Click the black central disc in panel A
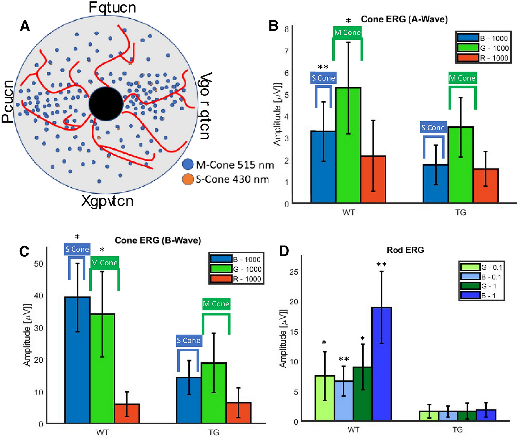point(106,104)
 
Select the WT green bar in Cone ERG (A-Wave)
point(348,147)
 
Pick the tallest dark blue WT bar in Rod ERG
point(381,365)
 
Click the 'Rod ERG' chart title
point(405,250)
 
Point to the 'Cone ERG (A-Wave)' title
point(404,19)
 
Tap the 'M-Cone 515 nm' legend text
point(235,165)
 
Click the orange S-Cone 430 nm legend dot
point(188,179)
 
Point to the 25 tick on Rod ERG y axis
point(294,272)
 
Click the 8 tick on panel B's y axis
point(286,29)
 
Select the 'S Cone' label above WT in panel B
point(323,78)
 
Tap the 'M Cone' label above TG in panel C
point(216,304)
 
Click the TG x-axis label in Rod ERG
point(457,430)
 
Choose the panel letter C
point(24,251)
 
